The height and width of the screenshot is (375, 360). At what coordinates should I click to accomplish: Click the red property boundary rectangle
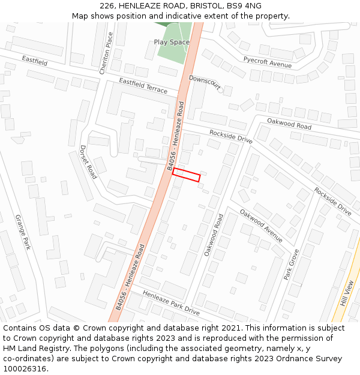coord(186,175)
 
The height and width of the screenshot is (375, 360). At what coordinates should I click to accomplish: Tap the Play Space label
coord(172,42)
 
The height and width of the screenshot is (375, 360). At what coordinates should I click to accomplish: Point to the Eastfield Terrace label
coord(143,85)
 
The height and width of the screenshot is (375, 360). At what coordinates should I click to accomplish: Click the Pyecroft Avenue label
coord(267,61)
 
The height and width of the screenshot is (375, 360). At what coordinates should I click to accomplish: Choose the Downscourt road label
coord(205,83)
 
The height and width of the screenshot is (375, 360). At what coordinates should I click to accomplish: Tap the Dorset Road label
coord(88,162)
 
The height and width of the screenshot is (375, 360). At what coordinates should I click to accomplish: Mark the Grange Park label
coord(22,232)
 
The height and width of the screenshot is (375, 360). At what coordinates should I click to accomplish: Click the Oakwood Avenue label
coord(261,226)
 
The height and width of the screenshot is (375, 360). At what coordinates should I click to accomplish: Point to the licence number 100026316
coord(26,369)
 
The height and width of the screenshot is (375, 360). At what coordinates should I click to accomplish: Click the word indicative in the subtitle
coord(175,16)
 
